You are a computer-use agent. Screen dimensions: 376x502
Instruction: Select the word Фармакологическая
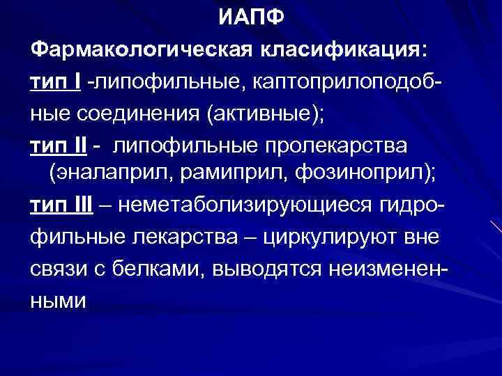[143, 49]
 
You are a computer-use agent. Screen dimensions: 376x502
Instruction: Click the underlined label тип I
[56, 83]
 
